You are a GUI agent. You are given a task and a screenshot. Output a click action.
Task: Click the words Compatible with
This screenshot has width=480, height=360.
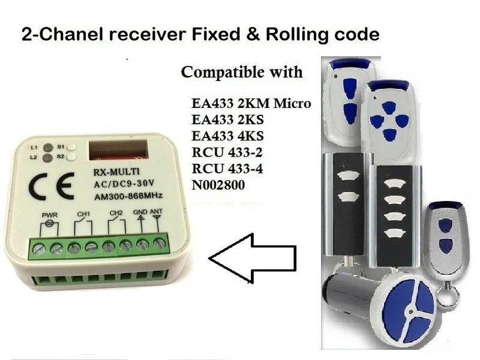[242, 73]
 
